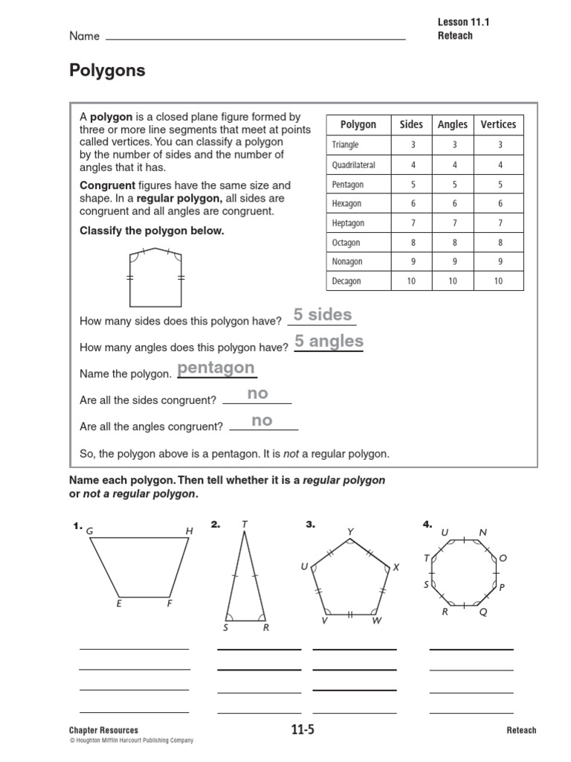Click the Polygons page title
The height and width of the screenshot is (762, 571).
(107, 71)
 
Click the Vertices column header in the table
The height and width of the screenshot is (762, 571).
(497, 124)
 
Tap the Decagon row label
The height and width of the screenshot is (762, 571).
(346, 281)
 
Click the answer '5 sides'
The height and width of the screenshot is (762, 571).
(323, 315)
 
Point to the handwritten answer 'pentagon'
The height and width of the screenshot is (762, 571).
(216, 368)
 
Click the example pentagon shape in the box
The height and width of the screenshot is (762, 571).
(155, 278)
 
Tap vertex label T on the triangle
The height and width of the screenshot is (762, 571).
(244, 525)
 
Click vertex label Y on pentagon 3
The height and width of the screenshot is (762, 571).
(350, 531)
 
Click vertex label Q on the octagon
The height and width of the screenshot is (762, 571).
(483, 612)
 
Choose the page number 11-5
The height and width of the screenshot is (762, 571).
(303, 730)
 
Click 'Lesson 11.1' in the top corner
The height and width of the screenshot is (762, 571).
(464, 22)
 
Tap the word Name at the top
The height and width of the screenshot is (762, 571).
(84, 36)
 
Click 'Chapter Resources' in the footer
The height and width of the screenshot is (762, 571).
(103, 730)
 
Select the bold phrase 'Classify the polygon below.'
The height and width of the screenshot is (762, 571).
(152, 231)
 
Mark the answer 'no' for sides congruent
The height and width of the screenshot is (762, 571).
(257, 394)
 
